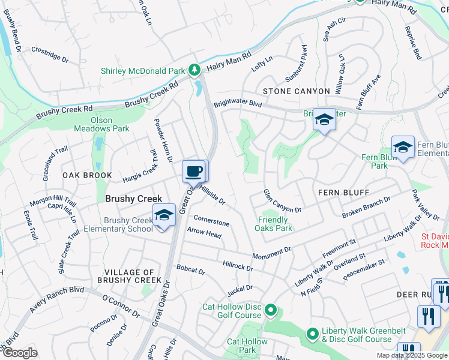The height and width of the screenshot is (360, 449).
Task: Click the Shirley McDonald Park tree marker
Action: [194, 71]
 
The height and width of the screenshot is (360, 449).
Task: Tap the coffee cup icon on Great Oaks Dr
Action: [193, 171]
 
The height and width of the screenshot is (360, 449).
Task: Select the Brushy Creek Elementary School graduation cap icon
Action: [163, 216]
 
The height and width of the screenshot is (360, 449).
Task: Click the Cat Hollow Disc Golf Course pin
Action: [271, 310]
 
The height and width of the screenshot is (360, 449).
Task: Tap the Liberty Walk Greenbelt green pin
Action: [312, 334]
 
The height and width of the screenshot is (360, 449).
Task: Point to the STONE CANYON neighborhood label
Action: [296, 91]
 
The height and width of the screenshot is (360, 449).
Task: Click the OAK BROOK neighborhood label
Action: [86, 175]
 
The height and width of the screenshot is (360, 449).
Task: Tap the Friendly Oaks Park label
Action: [274, 224]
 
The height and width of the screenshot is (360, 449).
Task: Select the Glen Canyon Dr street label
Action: [282, 201]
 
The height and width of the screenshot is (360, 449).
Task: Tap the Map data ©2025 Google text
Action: [411, 355]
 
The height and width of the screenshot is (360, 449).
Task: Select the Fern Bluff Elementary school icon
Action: [403, 147]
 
